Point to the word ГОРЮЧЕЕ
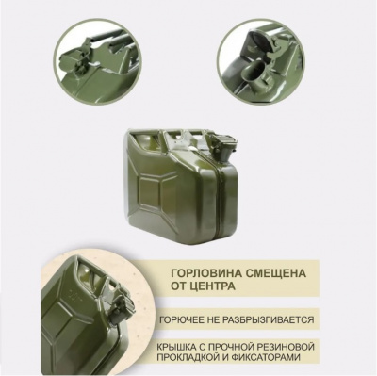tap(185, 319)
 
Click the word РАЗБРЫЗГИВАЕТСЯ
tap(266, 319)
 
